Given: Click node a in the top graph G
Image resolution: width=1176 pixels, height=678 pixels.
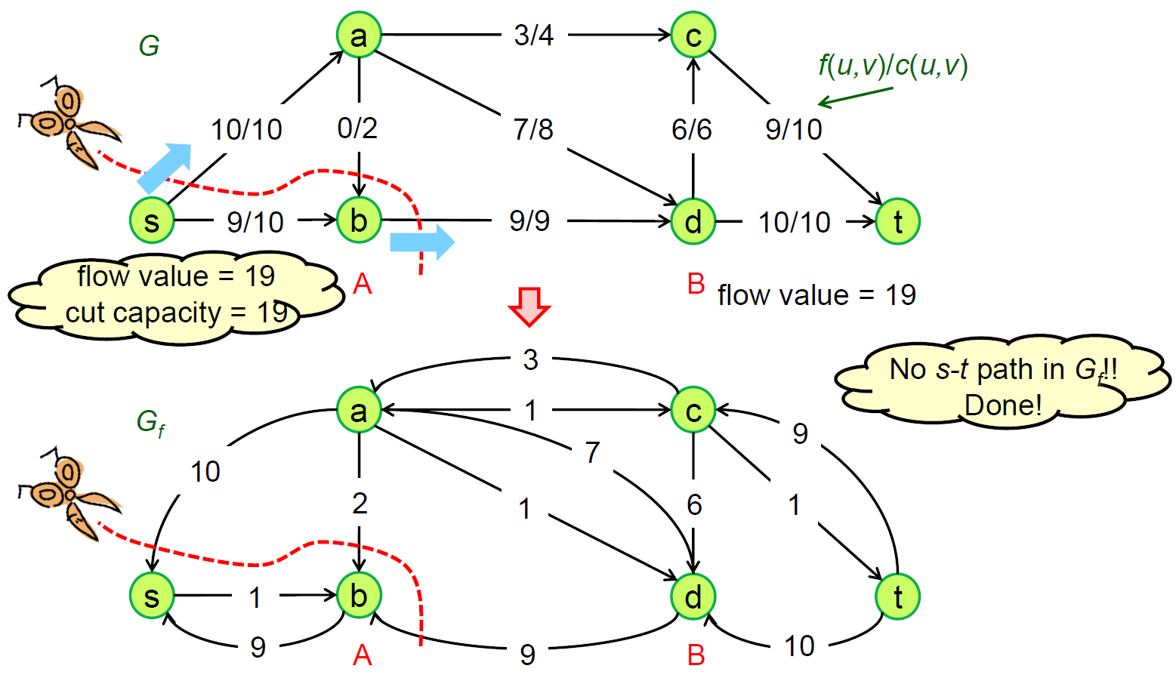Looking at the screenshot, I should tap(359, 35).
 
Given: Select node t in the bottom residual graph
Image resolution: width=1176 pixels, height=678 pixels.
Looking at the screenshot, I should tap(897, 596).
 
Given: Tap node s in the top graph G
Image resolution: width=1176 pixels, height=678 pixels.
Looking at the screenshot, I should tap(152, 220).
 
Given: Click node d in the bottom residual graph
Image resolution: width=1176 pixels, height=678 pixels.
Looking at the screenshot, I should tap(693, 596).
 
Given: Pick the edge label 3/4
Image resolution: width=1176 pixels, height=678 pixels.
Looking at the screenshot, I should tap(533, 35).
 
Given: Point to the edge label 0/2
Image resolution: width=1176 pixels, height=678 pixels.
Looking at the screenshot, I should tap(357, 128).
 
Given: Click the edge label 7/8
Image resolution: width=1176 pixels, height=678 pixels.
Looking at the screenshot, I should tap(533, 129).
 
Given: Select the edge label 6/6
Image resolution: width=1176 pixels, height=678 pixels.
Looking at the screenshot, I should tap(691, 129).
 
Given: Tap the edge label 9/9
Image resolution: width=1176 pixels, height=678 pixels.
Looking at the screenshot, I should tap(529, 220).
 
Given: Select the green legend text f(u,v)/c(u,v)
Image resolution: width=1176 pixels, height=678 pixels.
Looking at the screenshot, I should tap(892, 66).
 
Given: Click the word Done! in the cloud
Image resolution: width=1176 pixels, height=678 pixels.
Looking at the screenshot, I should tap(1002, 405).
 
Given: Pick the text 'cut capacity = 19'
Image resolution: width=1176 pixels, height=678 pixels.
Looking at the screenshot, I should tap(175, 312).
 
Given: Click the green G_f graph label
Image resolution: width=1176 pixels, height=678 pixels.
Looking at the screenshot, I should tap(150, 422).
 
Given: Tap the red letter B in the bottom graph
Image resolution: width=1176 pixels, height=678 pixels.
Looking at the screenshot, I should tap(696, 655).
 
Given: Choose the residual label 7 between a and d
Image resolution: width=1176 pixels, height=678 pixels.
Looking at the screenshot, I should tap(592, 452).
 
